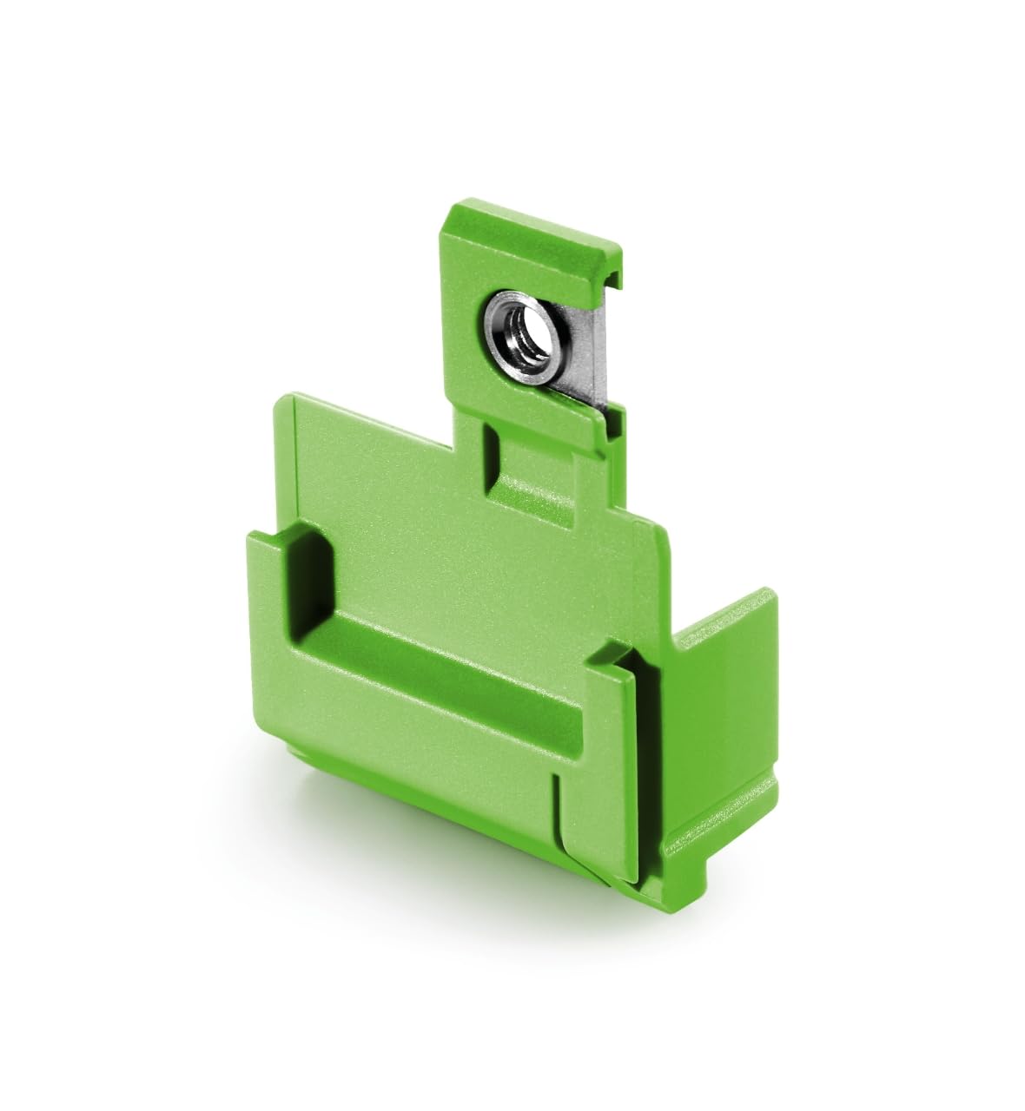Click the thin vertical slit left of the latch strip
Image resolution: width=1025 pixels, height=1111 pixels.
click(x=556, y=807)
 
